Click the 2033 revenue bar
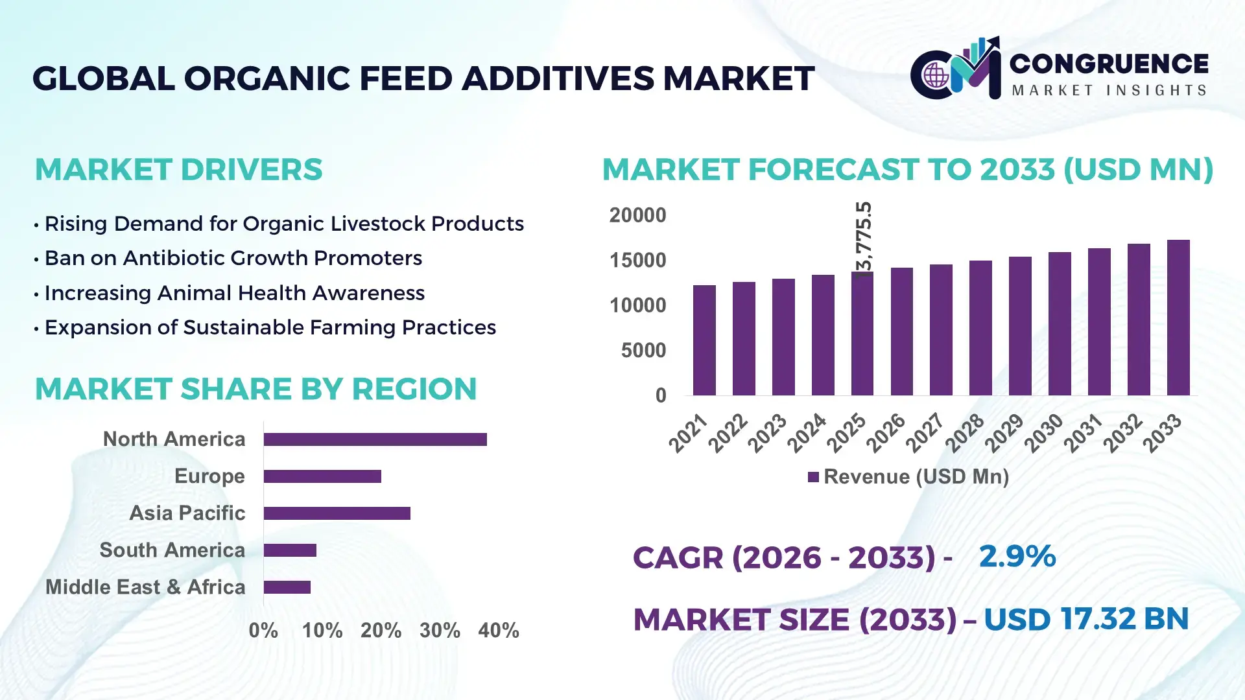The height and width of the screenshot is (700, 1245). (x=1178, y=318)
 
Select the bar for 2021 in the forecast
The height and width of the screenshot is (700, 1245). (x=704, y=340)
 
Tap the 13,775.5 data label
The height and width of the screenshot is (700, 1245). (x=864, y=240)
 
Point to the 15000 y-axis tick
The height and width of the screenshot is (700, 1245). (x=637, y=261)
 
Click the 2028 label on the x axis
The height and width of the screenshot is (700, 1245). (x=966, y=433)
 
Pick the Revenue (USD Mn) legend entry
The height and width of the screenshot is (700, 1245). (x=908, y=477)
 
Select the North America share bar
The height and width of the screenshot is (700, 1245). (x=375, y=439)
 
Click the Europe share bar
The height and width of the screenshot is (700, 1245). (x=322, y=476)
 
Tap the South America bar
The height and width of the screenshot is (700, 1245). (x=290, y=550)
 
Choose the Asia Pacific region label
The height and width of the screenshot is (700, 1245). (x=187, y=513)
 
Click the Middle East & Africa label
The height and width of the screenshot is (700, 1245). (x=145, y=587)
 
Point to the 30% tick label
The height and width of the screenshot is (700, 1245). (x=440, y=631)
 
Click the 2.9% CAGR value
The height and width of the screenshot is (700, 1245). (x=1017, y=556)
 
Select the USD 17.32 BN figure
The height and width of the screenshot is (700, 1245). (x=1086, y=619)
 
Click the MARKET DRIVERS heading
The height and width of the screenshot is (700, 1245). (x=178, y=170)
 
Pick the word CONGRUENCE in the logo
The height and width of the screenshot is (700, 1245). (x=1109, y=64)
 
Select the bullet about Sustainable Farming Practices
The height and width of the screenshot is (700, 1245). (x=270, y=327)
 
